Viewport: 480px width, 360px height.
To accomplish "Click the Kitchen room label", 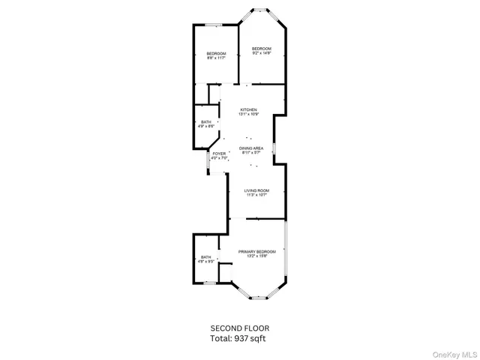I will pos(248,109).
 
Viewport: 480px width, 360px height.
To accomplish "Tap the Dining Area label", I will pos(250,148).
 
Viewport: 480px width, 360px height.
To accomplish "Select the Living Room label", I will pos(256,190).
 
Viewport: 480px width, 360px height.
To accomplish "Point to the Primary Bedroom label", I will pos(257,251).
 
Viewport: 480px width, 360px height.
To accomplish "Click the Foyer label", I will pos(219,154).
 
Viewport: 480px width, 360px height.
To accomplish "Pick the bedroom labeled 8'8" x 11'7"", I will pos(216,53).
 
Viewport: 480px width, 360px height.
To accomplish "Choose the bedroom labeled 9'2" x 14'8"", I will pos(261,49).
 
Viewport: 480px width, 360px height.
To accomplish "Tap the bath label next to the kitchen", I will pos(205,122).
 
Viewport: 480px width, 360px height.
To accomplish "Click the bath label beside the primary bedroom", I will pos(205,257).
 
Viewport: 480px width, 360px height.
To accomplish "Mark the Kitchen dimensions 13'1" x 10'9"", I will pos(248,114).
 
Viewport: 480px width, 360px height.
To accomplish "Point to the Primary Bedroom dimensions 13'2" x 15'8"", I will pos(257,256).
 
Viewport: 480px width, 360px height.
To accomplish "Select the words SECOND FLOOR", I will pos(239,328).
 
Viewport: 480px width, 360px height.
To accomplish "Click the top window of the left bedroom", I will pos(217,25).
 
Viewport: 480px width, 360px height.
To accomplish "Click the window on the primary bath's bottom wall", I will pos(205,282).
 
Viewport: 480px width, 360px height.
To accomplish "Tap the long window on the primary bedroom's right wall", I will pos(285,251).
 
